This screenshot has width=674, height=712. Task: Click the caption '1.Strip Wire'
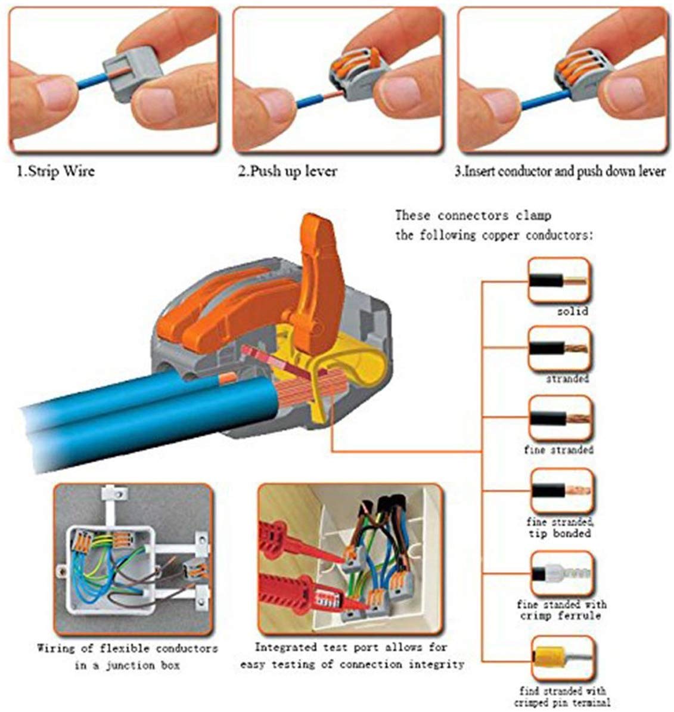56,171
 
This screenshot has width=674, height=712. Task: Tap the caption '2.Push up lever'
288,171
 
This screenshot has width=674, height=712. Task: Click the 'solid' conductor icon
560,280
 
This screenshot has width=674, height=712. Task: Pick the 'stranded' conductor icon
560,349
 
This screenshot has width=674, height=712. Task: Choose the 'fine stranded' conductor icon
560,418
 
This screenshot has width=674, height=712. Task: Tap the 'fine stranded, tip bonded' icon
561,491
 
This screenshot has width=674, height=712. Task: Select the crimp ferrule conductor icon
561,574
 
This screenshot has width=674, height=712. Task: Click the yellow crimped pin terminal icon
562,658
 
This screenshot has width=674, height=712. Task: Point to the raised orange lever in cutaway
318,281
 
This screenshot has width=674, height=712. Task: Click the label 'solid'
573,311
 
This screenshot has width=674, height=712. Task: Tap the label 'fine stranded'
558,450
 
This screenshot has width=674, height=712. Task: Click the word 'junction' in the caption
124,665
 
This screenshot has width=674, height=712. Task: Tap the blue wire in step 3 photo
545,100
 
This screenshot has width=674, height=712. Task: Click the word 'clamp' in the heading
533,215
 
